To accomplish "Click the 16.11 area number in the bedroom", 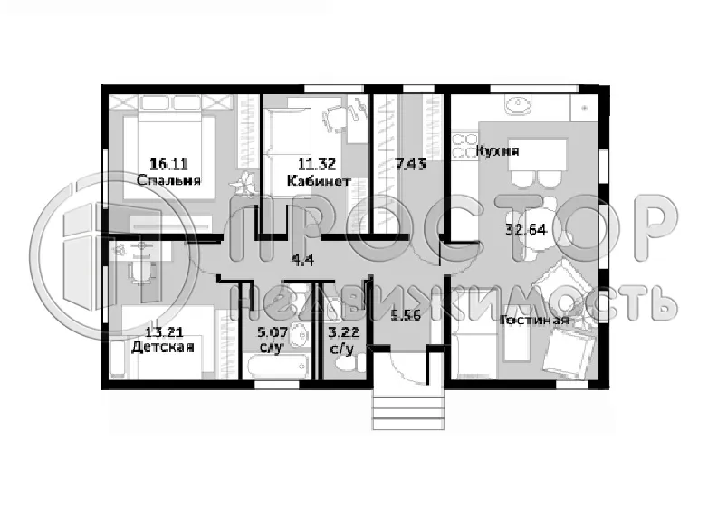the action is tap(168, 164).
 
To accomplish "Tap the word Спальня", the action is tap(168, 180).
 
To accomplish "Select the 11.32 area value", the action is tap(317, 164).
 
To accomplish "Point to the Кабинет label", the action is tap(319, 181).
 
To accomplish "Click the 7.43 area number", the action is tap(410, 164).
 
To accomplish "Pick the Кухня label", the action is tap(498, 151).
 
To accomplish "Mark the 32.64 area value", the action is tap(526, 229).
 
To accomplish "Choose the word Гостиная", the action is tap(534, 321).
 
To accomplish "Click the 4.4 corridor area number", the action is tap(303, 260).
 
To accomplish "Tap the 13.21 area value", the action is tap(164, 332).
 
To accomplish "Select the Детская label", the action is tap(163, 347).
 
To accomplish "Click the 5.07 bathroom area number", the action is tap(273, 333).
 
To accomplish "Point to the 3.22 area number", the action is tap(344, 333).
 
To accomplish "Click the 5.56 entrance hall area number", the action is tap(406, 316).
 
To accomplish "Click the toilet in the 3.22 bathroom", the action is tap(355, 362).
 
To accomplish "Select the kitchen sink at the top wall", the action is tap(519, 106).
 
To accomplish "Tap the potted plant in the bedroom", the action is tap(244, 184).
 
